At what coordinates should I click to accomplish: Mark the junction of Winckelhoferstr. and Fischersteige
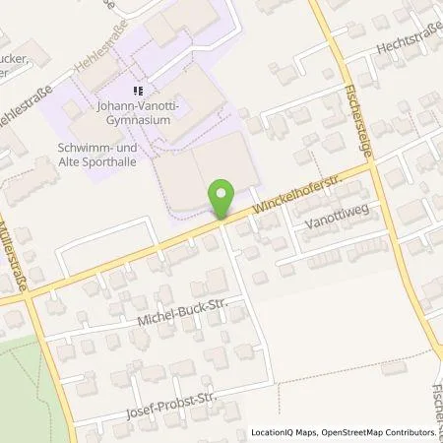(373, 167)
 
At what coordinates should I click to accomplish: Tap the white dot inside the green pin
(222, 194)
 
